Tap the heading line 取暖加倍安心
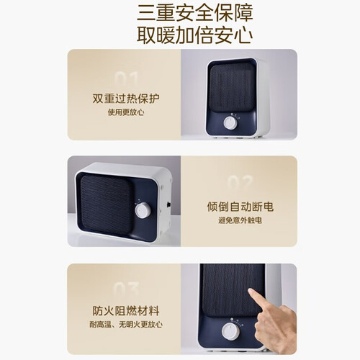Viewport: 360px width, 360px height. tap(195, 36)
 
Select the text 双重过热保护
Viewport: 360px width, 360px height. tap(126, 99)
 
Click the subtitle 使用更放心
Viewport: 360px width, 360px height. tap(126, 112)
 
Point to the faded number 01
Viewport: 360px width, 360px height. tap(126, 79)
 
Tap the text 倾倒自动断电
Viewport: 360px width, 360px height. tap(240, 207)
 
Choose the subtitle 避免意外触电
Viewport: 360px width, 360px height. tap(240, 220)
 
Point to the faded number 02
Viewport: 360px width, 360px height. tap(240, 183)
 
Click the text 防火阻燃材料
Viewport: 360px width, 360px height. tap(126, 311)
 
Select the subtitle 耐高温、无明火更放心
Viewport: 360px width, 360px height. tap(126, 325)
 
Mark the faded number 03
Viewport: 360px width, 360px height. tap(126, 289)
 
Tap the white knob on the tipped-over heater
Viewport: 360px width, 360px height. tap(143, 210)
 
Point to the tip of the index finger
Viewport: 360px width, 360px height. tap(250, 290)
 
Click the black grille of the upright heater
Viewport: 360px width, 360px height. tap(232, 89)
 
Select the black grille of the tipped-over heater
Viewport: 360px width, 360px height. tap(106, 204)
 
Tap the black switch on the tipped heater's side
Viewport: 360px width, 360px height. tap(169, 204)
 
